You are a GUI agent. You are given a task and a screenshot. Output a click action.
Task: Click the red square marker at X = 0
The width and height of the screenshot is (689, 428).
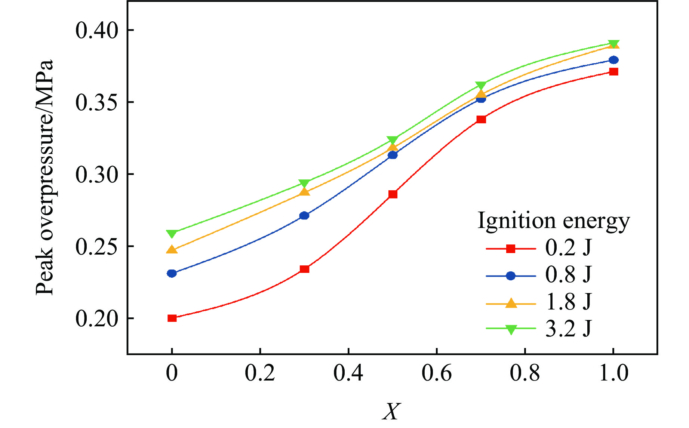pos(172,318)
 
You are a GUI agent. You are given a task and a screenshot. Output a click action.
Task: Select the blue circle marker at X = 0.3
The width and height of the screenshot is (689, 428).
pos(304,216)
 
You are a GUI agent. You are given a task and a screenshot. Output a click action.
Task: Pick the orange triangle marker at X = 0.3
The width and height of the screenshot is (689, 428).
pos(305,192)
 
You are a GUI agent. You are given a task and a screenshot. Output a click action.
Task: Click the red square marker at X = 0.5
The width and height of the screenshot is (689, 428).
pos(393,194)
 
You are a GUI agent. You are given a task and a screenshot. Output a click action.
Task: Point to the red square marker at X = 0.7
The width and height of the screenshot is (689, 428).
pos(481,119)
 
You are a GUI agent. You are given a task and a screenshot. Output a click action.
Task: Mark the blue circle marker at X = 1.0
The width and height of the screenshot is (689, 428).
pos(613,60)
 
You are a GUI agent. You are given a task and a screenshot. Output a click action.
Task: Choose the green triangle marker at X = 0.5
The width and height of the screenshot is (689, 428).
pos(393,141)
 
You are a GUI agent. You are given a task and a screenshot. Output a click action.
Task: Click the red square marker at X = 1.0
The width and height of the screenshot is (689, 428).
pos(613,71)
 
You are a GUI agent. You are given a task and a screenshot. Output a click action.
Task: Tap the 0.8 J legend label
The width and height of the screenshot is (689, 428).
pos(568,275)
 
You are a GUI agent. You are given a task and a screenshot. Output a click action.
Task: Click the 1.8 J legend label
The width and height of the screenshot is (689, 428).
pos(568,302)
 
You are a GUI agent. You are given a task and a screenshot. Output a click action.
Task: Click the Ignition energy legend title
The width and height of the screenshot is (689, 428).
pos(554,221)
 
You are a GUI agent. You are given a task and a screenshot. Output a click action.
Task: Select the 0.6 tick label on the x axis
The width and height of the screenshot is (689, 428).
pos(436,373)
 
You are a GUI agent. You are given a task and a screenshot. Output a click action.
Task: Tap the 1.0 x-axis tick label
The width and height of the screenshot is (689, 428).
pos(613,373)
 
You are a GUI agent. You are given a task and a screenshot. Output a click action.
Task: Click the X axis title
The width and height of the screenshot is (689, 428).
pos(391,412)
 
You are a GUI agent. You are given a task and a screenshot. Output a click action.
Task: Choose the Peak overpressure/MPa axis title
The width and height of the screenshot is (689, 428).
pos(45,177)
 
